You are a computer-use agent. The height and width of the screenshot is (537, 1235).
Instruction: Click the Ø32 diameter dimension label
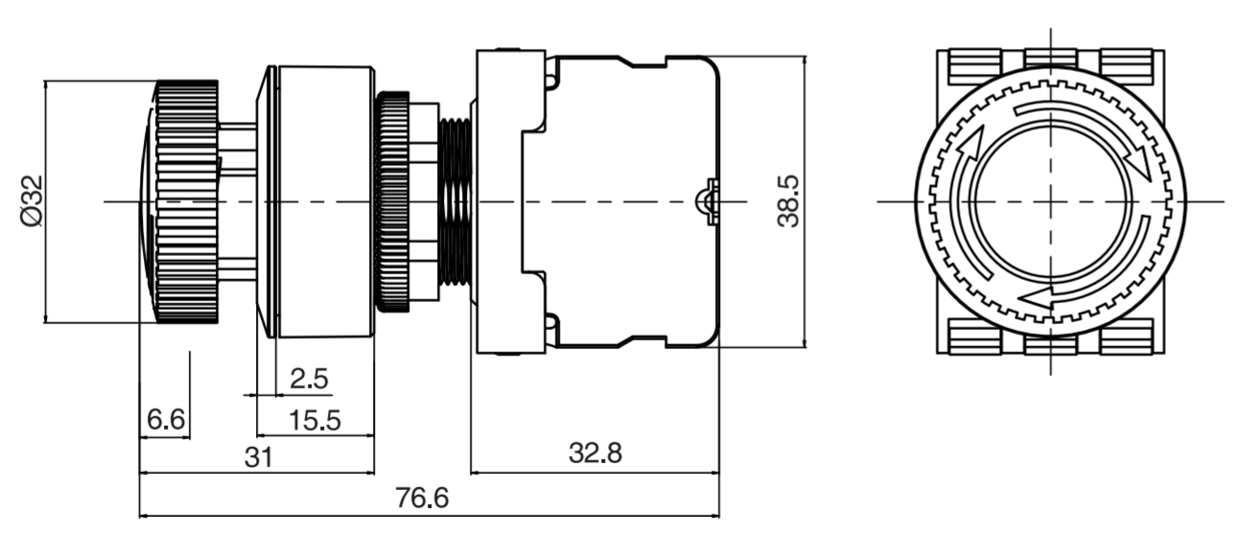(31, 201)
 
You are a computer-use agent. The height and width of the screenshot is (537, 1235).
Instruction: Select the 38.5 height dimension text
(788, 201)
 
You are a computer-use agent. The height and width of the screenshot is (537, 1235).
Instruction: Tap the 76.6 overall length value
(422, 499)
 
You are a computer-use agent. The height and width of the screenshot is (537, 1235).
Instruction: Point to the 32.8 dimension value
(594, 453)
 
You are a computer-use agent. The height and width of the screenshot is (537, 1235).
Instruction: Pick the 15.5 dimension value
(315, 420)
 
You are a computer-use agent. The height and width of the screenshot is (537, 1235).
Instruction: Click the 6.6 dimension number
(165, 420)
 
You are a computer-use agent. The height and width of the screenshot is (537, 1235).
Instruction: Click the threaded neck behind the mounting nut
(455, 201)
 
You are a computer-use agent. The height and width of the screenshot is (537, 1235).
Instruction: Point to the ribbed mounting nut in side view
(392, 201)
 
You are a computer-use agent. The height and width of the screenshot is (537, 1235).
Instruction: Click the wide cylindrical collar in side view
(324, 201)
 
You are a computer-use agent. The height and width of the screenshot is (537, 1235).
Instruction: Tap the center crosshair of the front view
(1050, 201)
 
